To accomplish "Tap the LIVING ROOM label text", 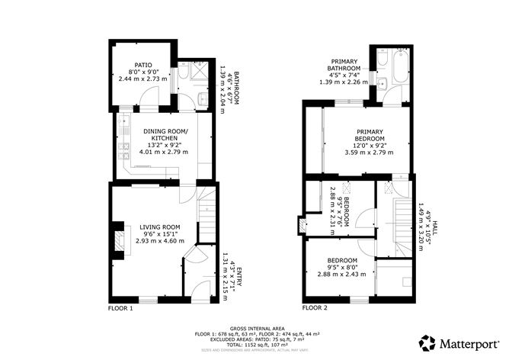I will pyautogui.click(x=160, y=227).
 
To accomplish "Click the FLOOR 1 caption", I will pyautogui.click(x=120, y=309).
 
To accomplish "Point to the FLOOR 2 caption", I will pyautogui.click(x=315, y=309).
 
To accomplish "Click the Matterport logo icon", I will pyautogui.click(x=427, y=342).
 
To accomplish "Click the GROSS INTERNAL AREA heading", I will pyautogui.click(x=254, y=326).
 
